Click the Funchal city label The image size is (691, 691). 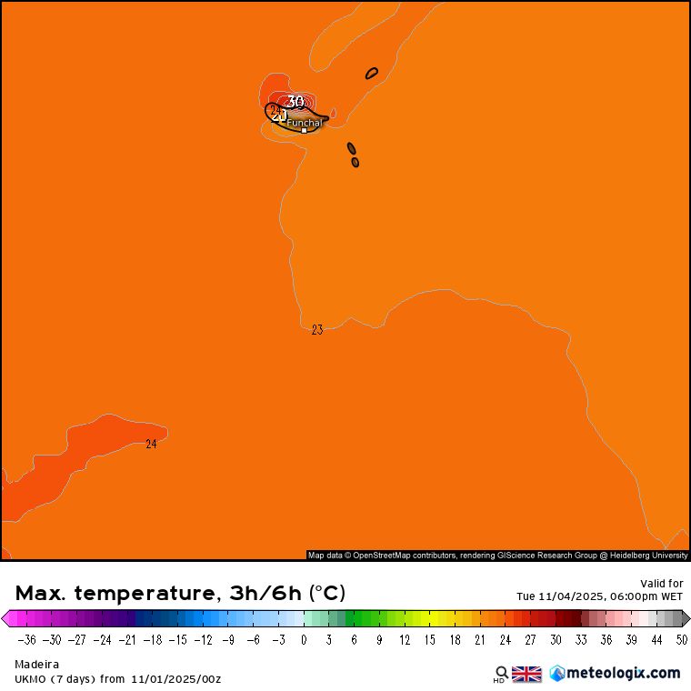[x=305, y=122]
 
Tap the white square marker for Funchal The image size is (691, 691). [x=304, y=130]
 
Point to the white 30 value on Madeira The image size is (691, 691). [x=295, y=101]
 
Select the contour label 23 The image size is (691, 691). [x=316, y=330]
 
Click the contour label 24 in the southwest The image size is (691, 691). [x=151, y=444]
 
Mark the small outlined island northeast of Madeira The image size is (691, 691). [x=372, y=73]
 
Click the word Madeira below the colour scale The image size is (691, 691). [x=35, y=664]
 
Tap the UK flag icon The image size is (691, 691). [x=526, y=674]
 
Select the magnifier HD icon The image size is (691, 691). [x=501, y=674]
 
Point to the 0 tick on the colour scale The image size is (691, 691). [x=304, y=639]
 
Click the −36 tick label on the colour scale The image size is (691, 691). [x=26, y=639]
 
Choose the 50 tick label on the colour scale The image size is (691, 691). [x=682, y=639]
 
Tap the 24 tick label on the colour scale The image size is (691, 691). [x=505, y=639]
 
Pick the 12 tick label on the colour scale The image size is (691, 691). [x=405, y=639]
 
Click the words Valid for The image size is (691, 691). [x=661, y=583]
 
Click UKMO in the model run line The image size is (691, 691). [x=32, y=678]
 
